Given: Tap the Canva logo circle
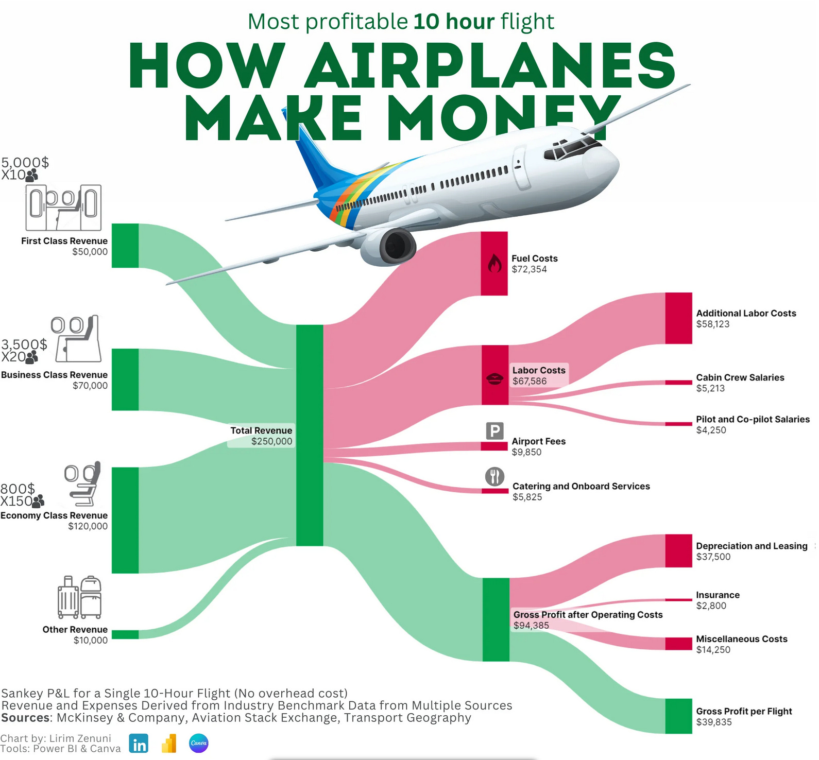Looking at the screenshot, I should [x=199, y=744].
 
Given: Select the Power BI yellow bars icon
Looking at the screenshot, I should [x=169, y=744].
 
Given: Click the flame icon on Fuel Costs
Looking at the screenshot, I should [x=494, y=264].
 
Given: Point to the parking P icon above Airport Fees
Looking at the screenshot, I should [x=494, y=430].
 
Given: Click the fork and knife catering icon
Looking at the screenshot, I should [x=494, y=476].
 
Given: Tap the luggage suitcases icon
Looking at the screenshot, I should [x=79, y=597].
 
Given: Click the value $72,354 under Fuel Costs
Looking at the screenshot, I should [x=529, y=269].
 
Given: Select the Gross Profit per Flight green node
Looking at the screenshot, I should [x=678, y=716].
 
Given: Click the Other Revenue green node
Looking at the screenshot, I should [x=125, y=634].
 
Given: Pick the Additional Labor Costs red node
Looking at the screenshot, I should [x=678, y=318].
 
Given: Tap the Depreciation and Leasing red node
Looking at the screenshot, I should [x=678, y=551].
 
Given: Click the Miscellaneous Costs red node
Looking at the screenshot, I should [x=678, y=644].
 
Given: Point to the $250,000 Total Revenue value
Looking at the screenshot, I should [x=271, y=441].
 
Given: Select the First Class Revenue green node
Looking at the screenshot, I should [x=125, y=246].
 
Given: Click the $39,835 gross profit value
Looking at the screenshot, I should [x=714, y=722].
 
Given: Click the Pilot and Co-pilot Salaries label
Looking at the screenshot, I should [x=753, y=419].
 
